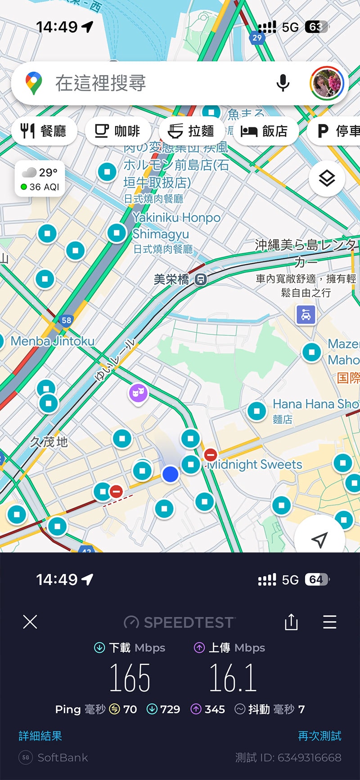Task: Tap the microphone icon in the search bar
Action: coord(283,83)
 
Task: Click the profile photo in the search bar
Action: coord(327,83)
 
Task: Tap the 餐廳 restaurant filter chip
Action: coord(44,131)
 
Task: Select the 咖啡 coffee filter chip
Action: coord(117,131)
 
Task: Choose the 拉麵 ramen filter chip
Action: coord(191,131)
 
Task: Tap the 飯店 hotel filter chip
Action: coord(265,131)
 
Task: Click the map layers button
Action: coord(327,179)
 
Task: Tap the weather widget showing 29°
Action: coord(40,179)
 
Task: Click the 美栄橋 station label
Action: coord(171,279)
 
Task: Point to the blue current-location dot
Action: coord(170,474)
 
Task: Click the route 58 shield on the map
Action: coord(66,320)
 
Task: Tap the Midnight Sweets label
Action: coord(255,465)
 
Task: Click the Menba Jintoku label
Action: coord(53,341)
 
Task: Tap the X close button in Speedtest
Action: coord(30,622)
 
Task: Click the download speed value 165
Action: coord(130,678)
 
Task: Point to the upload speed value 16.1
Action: coord(233,678)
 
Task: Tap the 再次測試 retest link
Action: coord(319,736)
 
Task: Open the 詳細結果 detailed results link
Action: coord(40,736)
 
